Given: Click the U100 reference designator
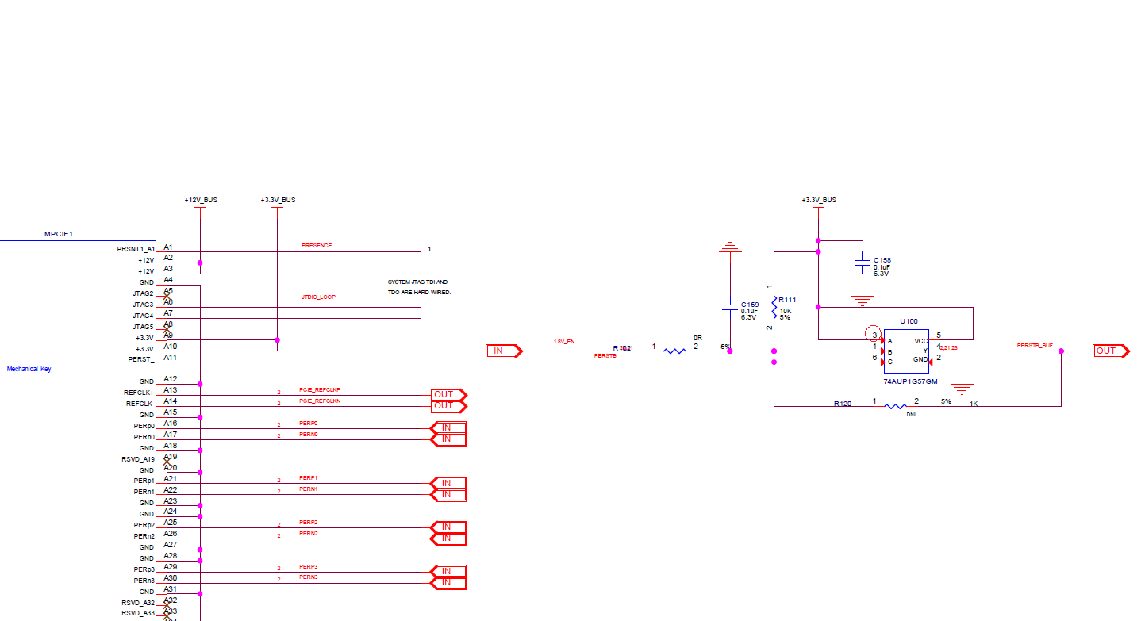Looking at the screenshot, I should (909, 321).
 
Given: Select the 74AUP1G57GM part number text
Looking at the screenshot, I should (910, 381).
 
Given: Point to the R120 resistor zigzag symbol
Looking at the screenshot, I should (895, 406).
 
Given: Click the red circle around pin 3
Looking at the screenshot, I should (874, 335).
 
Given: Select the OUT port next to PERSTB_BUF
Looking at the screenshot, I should (1109, 351).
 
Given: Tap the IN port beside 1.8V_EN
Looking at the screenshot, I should (503, 351).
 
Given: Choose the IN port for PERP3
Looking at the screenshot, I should (448, 571).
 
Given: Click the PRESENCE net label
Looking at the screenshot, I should (317, 246).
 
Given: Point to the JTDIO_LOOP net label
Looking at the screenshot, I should (318, 297).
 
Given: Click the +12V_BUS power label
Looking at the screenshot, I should (200, 200).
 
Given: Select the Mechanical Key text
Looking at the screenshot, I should (29, 369).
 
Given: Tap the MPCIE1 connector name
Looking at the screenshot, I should (59, 235).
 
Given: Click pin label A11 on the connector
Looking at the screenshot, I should (170, 358).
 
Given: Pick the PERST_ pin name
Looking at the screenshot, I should (140, 360).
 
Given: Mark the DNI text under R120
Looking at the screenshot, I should (911, 415).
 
